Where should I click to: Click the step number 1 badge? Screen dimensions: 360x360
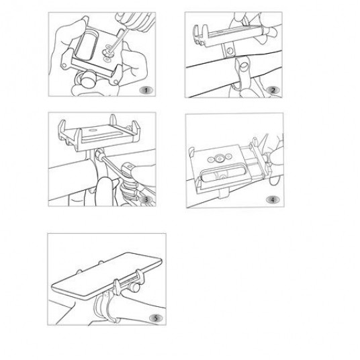(146, 90)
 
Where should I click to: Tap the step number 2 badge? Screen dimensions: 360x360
(273, 90)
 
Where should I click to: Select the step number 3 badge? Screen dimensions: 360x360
(146, 199)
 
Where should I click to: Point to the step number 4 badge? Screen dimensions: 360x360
(273, 199)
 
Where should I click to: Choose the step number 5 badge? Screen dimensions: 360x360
(156, 318)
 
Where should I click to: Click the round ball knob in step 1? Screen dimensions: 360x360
(89, 79)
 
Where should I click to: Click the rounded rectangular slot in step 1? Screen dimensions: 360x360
(87, 46)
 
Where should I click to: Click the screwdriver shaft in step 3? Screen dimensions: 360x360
(113, 166)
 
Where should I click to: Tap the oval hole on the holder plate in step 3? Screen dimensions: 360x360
(93, 130)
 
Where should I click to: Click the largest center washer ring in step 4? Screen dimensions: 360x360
(219, 159)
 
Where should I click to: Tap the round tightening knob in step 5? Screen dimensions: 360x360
(134, 287)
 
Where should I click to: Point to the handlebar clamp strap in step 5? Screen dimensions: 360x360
(100, 306)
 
